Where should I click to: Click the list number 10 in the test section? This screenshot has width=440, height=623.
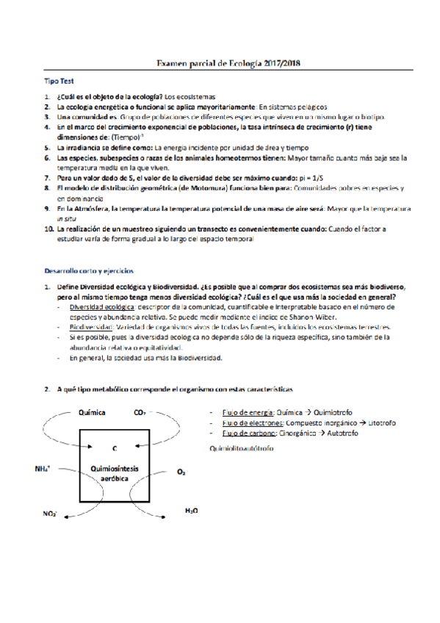pyautogui.click(x=48, y=229)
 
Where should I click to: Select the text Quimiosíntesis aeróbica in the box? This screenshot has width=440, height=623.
pyautogui.click(x=114, y=472)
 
